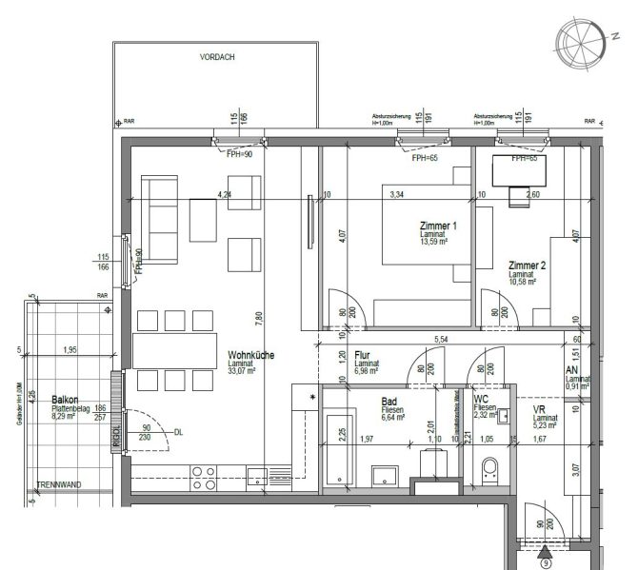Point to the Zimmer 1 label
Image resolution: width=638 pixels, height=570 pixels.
tap(438, 226)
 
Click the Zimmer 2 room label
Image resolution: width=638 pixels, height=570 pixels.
tap(528, 265)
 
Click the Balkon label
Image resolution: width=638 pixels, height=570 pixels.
tap(66, 401)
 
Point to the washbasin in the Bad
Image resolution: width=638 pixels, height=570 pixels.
tap(385, 475)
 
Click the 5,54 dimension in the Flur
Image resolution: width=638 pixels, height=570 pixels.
tap(442, 339)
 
